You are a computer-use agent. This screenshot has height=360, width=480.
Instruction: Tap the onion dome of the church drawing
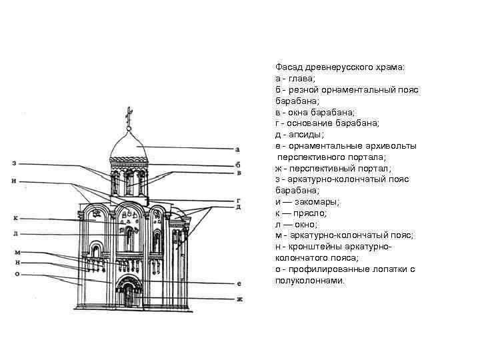pos(131,143)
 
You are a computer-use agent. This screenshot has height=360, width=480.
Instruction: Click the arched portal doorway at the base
pos(128,294)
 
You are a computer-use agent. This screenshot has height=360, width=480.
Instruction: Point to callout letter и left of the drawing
pos(14,181)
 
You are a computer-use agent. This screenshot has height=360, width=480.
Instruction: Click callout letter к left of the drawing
pos(15,217)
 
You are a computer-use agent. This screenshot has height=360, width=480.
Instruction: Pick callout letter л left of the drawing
pos(15,234)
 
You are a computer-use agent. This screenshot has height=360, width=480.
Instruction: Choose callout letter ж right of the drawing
pos(239,299)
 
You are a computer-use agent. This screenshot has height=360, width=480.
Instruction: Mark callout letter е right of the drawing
pos(239,283)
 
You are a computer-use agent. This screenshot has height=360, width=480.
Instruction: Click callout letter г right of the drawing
pos(238,200)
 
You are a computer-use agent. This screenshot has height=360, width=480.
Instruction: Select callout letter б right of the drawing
pos(238,164)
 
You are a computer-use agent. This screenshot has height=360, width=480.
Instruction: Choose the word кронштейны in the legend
pos(306,247)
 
